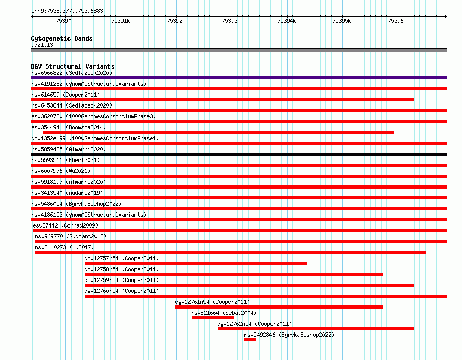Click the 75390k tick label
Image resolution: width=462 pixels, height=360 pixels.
coord(65,21)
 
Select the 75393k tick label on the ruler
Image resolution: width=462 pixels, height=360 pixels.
coord(231,21)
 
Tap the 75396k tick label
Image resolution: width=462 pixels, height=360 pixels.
coord(397,21)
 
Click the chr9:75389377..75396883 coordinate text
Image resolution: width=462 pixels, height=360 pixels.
coord(67,11)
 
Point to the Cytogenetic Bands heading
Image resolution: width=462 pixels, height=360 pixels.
coord(62,38)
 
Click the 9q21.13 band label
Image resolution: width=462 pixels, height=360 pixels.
coord(42,45)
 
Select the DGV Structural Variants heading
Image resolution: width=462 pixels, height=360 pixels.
coord(73,66)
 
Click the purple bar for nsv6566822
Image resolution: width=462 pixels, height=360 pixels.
coord(239,78)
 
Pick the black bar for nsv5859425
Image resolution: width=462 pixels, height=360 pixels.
coord(239,154)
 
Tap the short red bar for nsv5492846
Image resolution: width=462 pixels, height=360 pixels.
coord(250,340)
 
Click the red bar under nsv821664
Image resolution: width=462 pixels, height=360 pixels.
coord(213,318)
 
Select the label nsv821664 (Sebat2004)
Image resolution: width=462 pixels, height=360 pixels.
coord(224,313)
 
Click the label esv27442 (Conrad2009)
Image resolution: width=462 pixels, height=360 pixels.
coord(65,225)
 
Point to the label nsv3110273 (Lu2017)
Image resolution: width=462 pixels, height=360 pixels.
coord(64,247)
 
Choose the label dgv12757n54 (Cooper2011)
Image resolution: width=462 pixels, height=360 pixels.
coord(121,258)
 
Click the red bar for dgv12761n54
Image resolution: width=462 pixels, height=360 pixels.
coord(279,307)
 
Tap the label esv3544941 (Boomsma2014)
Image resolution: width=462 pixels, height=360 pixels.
coord(69,127)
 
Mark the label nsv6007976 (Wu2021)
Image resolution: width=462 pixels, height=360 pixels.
coord(61,171)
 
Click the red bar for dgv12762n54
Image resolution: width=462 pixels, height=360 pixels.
coord(316,329)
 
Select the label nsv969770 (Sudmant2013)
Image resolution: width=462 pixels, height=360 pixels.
coord(71,236)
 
